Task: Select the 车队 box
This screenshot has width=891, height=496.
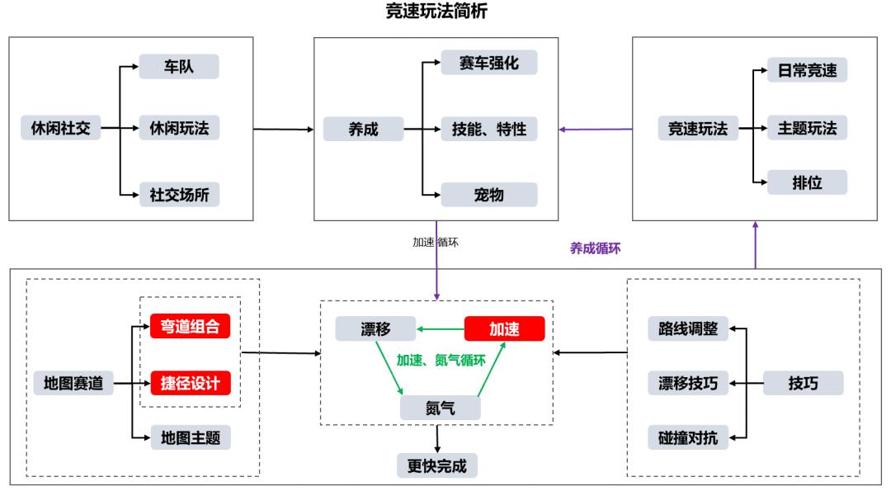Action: click(178, 67)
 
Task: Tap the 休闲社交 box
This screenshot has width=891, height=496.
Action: click(60, 128)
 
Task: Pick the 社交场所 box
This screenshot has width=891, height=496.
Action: click(178, 194)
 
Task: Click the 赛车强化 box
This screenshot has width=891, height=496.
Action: click(488, 63)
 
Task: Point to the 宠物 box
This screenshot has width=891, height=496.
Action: click(488, 194)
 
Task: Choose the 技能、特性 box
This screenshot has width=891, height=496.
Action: click(488, 129)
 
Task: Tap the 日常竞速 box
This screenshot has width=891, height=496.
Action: click(807, 70)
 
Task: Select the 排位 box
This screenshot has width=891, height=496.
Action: click(807, 182)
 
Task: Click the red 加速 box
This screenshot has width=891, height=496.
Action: click(504, 328)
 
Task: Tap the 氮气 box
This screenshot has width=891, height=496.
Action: click(440, 407)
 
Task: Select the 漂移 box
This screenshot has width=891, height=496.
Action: click(375, 328)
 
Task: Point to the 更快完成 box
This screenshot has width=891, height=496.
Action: click(437, 465)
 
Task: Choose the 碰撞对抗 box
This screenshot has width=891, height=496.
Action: click(688, 437)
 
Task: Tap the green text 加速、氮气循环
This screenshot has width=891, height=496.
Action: click(439, 361)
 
